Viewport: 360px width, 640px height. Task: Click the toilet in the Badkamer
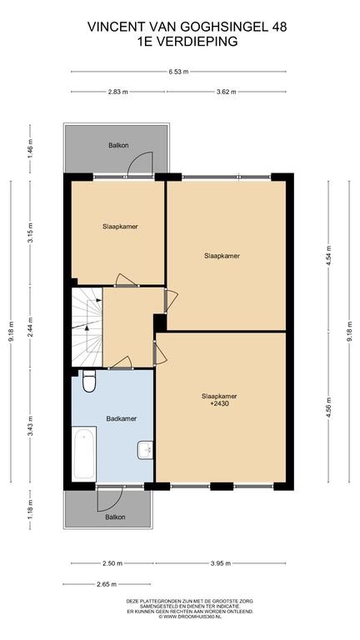pos(89,381)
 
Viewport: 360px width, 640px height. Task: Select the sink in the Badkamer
pos(145,450)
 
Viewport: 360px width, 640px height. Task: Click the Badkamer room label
pos(121,418)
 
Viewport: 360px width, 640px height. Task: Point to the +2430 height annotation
pos(219,403)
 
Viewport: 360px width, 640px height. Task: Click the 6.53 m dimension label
pos(179,72)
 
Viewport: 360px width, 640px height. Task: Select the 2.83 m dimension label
pos(118,92)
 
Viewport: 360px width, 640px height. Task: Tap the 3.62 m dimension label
pos(226,92)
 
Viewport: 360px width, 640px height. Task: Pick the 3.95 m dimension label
pos(220,563)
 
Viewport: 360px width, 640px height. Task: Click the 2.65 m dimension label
pos(106,584)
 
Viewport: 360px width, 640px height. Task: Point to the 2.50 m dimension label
pos(112,563)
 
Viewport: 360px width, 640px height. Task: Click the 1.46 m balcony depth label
pos(31,149)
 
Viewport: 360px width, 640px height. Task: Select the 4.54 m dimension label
pos(328,256)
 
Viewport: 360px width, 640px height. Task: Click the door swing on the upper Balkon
pos(140,164)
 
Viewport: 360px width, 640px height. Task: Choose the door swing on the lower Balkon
pos(110,499)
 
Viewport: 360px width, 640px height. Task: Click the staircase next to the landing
pos(87,327)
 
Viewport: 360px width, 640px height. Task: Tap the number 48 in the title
pos(279,27)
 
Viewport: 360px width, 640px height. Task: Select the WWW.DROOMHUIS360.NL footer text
pos(190,617)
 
